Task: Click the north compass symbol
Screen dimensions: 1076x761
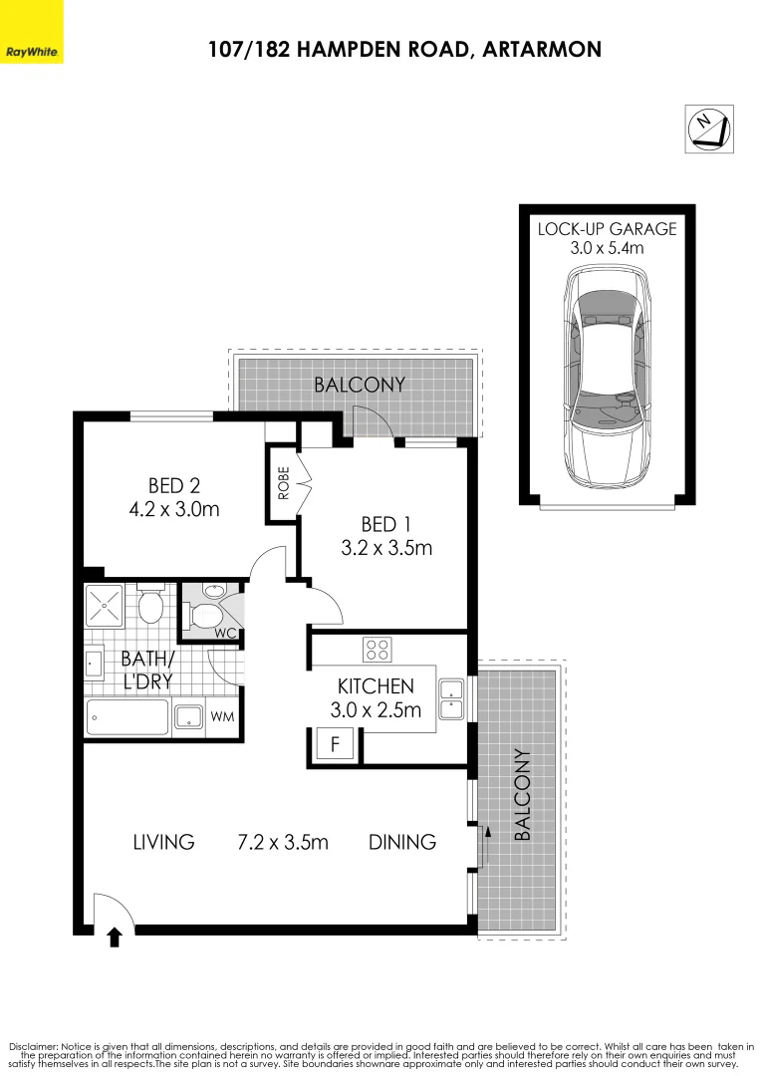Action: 709,129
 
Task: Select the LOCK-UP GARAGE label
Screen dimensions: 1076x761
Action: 607,228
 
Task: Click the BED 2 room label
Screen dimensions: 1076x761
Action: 174,486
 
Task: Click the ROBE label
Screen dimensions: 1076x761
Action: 283,482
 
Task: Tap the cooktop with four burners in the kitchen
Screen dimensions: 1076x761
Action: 378,650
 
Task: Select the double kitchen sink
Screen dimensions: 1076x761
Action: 451,697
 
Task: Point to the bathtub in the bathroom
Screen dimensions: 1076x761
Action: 127,717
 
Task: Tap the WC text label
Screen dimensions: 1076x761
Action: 224,634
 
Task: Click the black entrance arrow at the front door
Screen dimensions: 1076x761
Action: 114,937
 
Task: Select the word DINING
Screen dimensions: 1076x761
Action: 402,842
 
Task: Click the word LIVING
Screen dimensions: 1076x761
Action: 163,842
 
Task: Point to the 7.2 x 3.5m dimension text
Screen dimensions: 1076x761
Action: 283,842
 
